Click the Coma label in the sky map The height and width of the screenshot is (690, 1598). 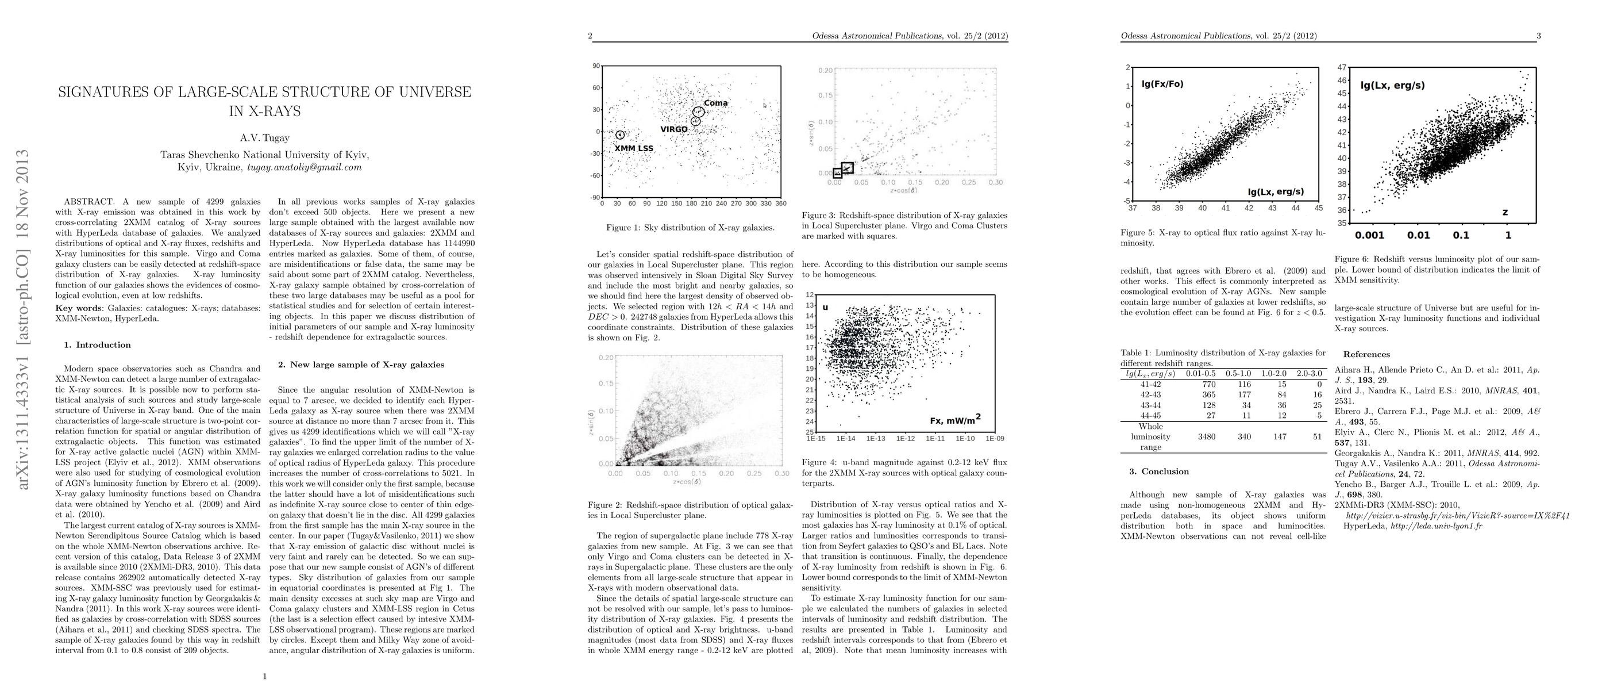coord(715,103)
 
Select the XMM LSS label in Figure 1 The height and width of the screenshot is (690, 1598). coord(633,148)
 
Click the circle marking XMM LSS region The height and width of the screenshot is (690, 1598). coord(620,135)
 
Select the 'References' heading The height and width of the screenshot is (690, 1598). coord(1366,354)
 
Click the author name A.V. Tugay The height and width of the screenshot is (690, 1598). coord(265,138)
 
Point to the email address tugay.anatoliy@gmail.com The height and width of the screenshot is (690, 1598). coord(304,167)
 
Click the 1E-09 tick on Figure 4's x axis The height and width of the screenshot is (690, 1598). coord(995,439)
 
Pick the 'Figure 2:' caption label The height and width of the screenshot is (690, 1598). coord(604,504)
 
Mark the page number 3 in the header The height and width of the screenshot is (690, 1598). coord(1538,36)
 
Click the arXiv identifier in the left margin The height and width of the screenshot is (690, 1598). coord(24,319)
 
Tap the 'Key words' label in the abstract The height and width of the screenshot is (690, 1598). coord(79,308)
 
